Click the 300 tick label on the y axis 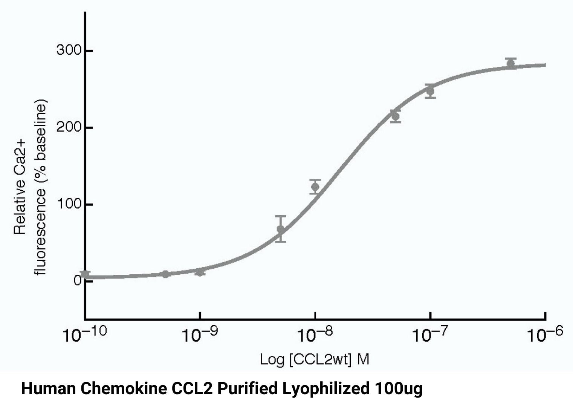69,50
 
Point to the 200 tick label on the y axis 69,127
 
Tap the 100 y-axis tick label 69,204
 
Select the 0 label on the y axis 78,281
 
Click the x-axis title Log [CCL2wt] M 315,359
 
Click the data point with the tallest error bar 280,229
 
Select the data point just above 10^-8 315,187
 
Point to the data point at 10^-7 430,91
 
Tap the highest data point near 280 511,63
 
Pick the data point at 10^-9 200,272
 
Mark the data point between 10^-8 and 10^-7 395,116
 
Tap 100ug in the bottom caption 399,389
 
